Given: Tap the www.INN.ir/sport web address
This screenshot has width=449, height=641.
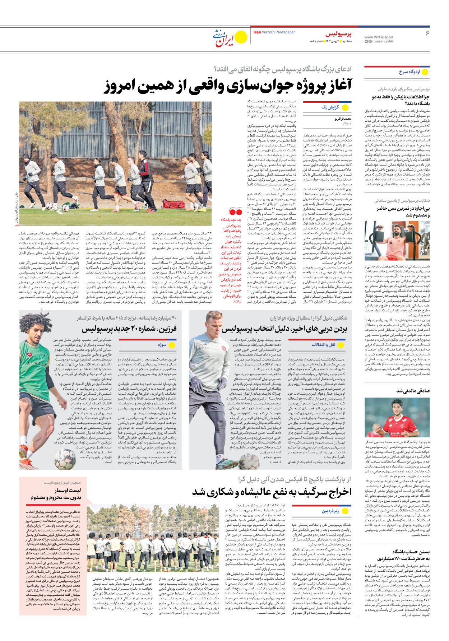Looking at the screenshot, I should (x=379, y=37).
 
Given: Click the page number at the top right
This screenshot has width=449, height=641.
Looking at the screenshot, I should (x=427, y=33).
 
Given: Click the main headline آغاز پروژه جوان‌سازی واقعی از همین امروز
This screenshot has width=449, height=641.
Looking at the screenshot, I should (x=228, y=86).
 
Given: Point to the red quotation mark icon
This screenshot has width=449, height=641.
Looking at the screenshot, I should (x=235, y=212).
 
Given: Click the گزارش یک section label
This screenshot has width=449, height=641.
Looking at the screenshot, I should (x=330, y=107).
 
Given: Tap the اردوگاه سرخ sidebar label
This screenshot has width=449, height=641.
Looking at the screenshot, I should (x=409, y=72).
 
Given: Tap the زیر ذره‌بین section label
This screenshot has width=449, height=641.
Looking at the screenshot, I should (x=330, y=511).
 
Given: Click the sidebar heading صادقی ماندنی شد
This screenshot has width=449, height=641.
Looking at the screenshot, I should (x=413, y=391).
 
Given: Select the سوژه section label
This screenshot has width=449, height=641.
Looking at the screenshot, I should (x=162, y=345).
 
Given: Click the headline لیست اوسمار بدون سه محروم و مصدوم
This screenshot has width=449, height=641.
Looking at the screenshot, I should (x=56, y=494).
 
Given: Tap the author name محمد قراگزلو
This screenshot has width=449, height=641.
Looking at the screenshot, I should (x=343, y=119).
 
